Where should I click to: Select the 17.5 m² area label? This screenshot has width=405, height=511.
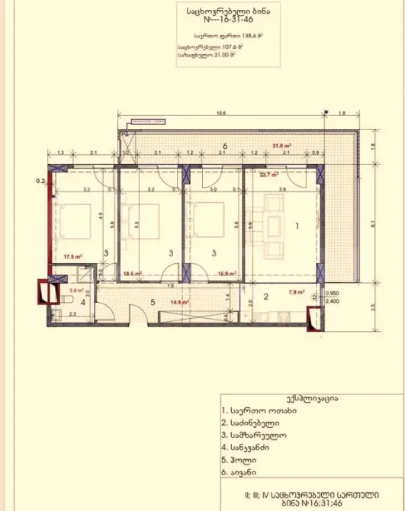[x=72, y=256]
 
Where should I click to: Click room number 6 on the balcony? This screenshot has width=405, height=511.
[x=225, y=145]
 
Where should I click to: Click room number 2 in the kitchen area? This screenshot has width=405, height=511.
[x=267, y=297]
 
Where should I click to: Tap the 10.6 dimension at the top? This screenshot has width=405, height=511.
[x=221, y=113]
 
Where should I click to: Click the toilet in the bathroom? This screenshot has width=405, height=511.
[x=56, y=313]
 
